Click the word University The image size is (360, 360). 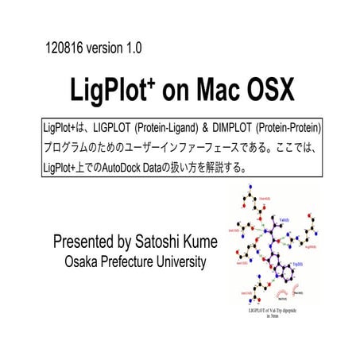tap(185, 261)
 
